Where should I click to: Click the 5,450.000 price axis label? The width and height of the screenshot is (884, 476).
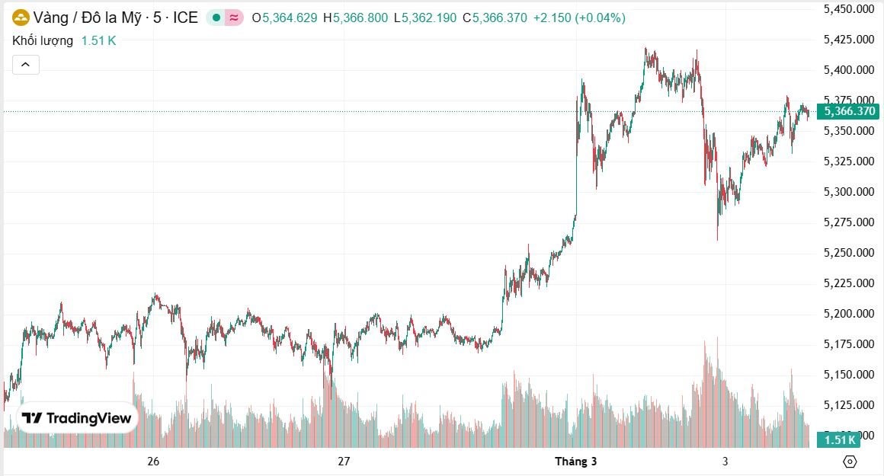coord(848,9)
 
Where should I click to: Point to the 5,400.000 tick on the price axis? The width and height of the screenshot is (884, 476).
coord(848,70)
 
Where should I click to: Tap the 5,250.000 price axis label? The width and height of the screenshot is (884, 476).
coord(848,253)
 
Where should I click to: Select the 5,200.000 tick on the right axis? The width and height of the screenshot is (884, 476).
coord(848,314)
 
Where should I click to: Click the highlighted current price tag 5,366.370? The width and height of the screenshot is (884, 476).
coord(848,112)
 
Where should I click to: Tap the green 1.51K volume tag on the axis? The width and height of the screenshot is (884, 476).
coord(838,439)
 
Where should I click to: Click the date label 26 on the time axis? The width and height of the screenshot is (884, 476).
coord(153,462)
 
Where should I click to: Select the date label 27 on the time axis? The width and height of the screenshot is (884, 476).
coord(344,462)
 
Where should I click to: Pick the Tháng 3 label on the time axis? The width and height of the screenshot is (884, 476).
coord(575,462)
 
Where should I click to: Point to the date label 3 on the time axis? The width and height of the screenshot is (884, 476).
coord(725,462)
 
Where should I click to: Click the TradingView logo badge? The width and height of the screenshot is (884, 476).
coord(77,418)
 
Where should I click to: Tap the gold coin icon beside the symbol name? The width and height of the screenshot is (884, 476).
coord(21,18)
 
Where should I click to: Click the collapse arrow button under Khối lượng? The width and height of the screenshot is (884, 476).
coord(25,65)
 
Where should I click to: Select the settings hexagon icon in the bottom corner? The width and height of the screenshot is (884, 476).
coord(850,462)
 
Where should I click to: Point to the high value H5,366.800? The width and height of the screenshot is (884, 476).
coord(355,18)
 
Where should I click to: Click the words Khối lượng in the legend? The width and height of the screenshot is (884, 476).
coord(43,41)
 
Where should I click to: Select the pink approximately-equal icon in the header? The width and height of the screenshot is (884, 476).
coord(234,18)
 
